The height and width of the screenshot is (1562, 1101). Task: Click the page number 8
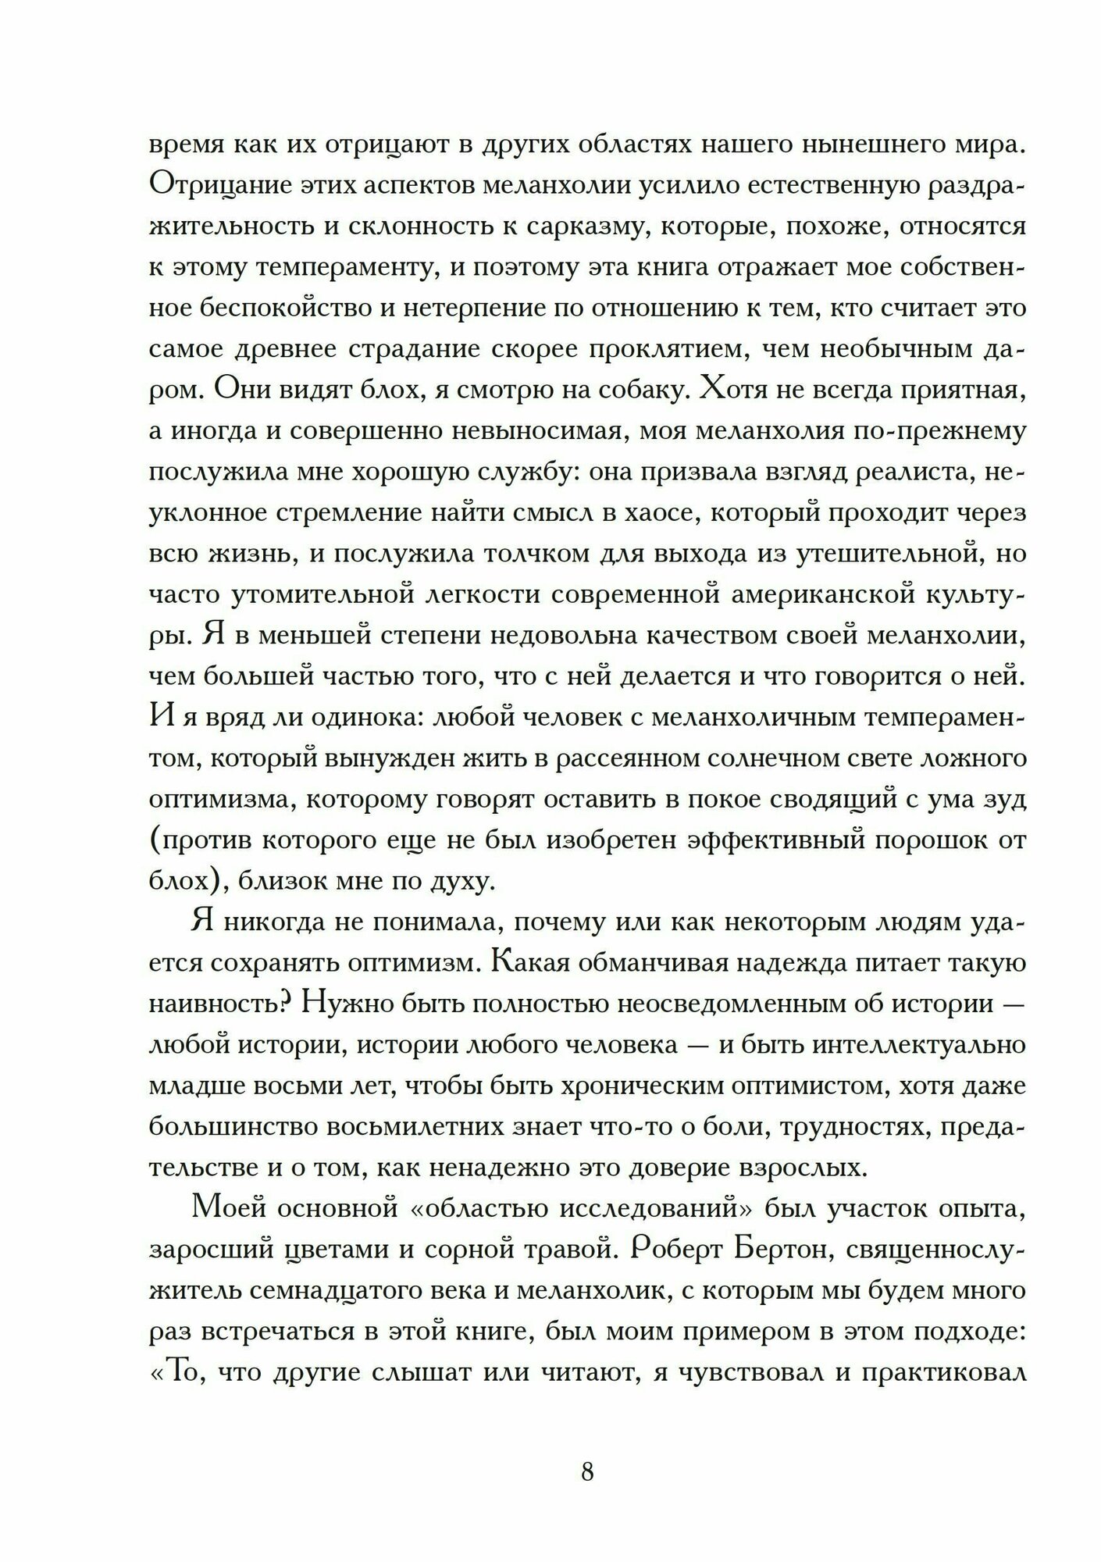(x=587, y=1473)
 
